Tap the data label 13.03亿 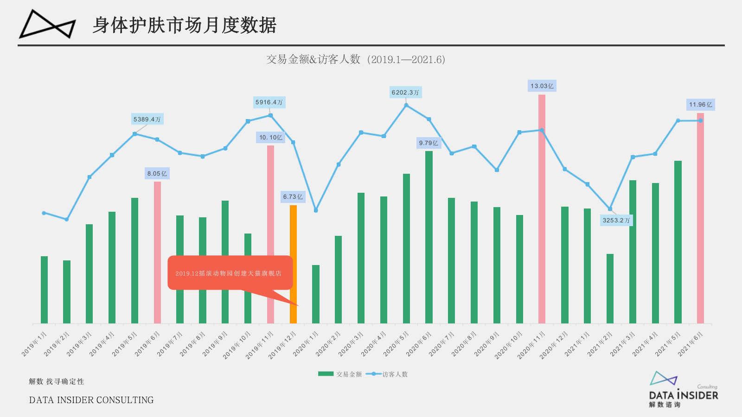tap(542, 86)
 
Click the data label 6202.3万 tap(405, 92)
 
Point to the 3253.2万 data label tap(616, 220)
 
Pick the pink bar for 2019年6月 tap(157, 253)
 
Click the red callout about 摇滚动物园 tap(230, 273)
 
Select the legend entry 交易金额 tap(341, 374)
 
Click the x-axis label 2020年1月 tap(306, 344)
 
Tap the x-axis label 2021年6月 tap(691, 344)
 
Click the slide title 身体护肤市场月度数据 tap(184, 25)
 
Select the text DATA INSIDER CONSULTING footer tap(91, 400)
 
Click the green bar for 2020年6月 tap(429, 236)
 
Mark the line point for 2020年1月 tap(316, 210)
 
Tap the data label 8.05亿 tap(157, 173)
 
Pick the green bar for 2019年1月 tap(44, 290)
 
